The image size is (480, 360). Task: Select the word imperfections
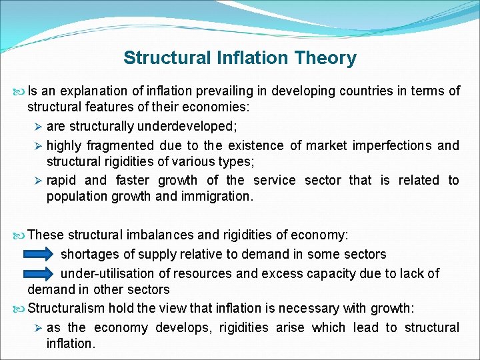point(389,145)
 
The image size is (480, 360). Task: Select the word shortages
point(89,254)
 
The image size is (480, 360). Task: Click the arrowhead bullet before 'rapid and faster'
point(39,180)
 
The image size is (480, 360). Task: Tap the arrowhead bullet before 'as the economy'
point(39,327)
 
